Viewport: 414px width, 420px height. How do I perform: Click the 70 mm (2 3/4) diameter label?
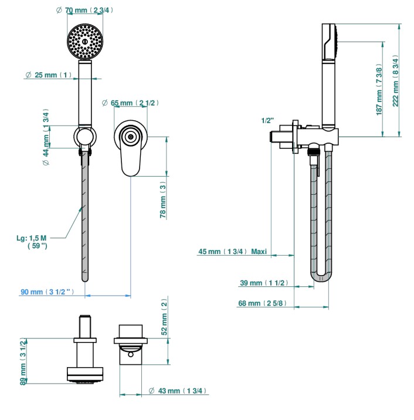click(86, 11)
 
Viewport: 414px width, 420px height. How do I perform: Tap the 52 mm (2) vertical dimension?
click(164, 317)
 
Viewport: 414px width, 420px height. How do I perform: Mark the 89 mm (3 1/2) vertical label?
click(23, 361)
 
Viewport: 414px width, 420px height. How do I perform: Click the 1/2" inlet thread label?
click(267, 121)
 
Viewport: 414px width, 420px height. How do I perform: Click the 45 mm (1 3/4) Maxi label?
click(232, 252)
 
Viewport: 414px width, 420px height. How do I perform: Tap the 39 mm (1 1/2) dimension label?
click(263, 283)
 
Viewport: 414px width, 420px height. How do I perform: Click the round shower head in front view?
click(86, 40)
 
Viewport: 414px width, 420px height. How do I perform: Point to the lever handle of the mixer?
click(130, 158)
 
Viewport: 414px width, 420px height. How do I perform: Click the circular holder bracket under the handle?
click(86, 138)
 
